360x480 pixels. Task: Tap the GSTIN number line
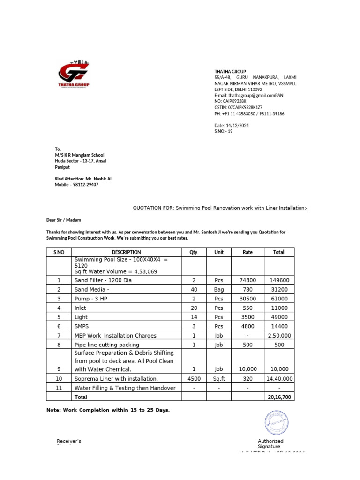pos(238,107)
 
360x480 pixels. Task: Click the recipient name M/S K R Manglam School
pos(79,155)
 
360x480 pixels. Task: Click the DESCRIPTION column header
pos(126,252)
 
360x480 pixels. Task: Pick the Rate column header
pos(247,252)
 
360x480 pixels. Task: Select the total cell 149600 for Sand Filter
pos(278,280)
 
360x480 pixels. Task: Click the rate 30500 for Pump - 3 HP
pos(247,298)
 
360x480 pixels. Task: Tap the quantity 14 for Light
pos(194,316)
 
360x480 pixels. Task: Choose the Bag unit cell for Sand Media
pos(218,289)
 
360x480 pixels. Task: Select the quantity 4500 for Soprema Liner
pos(194,378)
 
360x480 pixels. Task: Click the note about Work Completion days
pos(108,410)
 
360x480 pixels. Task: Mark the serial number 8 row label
pos(59,345)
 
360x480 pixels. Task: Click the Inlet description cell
pos(81,307)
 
